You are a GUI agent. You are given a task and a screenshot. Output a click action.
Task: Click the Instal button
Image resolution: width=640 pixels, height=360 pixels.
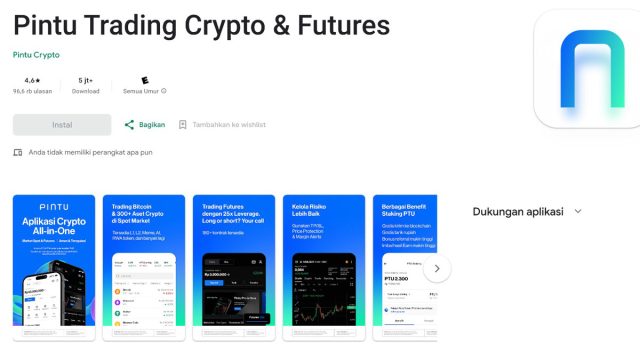[x=62, y=125]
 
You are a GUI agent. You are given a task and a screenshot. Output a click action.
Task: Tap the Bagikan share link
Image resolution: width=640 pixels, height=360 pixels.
[x=145, y=125]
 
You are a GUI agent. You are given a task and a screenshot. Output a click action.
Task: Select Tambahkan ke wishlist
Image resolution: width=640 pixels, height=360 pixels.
[x=222, y=125]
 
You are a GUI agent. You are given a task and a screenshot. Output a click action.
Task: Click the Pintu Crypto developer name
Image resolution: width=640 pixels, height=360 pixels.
[x=36, y=55]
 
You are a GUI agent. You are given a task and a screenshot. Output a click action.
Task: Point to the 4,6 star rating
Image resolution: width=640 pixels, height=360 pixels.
[x=32, y=79]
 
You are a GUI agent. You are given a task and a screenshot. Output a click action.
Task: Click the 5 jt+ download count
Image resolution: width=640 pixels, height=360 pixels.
[x=86, y=79]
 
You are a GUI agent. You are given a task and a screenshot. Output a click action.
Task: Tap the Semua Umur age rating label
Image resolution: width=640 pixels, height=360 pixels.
[x=144, y=91]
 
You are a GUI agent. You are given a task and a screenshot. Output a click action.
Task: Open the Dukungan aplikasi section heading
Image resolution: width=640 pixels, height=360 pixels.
[x=518, y=212]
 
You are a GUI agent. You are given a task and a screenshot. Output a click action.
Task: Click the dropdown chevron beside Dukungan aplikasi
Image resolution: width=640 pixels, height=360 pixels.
[x=578, y=212]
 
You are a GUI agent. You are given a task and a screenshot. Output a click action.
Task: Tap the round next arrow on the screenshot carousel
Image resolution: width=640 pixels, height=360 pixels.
[x=437, y=269]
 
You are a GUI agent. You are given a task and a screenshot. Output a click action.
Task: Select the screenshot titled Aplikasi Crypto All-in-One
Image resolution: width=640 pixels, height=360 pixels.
[x=54, y=269]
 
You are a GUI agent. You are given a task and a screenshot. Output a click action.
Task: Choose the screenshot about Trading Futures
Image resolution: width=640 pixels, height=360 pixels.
[x=233, y=269]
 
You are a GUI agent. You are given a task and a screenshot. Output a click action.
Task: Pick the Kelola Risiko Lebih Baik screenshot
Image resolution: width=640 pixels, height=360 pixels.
[x=323, y=269]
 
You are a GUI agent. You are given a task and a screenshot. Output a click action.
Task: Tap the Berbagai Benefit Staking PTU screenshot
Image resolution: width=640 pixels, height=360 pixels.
[x=405, y=269]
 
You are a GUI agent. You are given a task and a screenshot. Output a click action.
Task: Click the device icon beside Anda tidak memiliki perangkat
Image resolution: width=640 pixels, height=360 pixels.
[x=18, y=152]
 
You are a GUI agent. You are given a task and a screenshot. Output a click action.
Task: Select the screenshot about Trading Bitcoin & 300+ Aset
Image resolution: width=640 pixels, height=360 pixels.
[x=143, y=269]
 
